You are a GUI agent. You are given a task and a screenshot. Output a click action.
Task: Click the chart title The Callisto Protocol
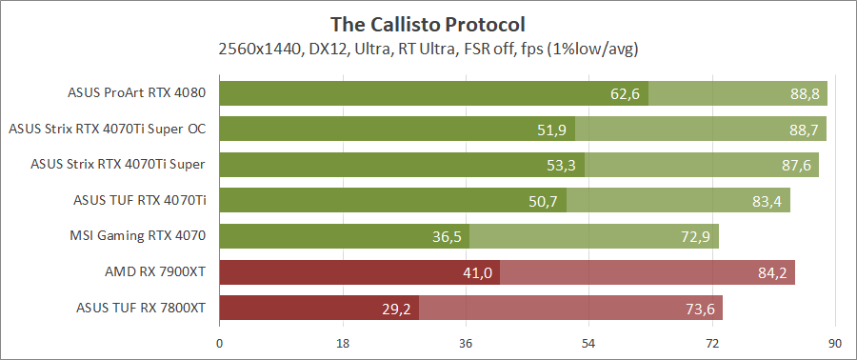click(x=428, y=23)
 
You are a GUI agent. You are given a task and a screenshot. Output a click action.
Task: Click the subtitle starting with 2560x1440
click(x=428, y=48)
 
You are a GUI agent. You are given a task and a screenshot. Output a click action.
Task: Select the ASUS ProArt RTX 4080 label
click(x=137, y=93)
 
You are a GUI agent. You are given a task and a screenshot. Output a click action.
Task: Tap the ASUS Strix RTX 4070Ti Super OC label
click(x=107, y=129)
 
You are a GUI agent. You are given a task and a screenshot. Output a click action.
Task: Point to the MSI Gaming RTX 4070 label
click(x=138, y=236)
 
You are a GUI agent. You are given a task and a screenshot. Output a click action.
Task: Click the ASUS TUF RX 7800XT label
click(x=140, y=308)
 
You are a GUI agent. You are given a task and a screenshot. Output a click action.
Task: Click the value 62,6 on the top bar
click(x=626, y=93)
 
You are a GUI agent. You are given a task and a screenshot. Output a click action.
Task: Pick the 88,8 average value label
click(x=805, y=93)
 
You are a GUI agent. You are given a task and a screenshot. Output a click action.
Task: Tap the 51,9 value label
click(x=552, y=130)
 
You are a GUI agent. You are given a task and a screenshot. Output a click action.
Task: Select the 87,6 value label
click(x=796, y=165)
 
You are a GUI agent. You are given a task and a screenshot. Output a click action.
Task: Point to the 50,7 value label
click(x=544, y=201)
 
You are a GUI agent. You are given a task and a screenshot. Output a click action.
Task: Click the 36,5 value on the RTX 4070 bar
click(x=447, y=236)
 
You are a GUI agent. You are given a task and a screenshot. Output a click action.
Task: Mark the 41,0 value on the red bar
click(x=477, y=272)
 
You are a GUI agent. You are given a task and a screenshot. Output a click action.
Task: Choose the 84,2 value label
click(x=772, y=272)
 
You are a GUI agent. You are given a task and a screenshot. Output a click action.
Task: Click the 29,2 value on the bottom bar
click(x=396, y=309)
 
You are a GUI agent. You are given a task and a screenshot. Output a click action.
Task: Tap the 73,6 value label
click(x=700, y=309)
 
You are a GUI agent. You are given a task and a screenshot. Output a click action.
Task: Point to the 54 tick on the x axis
click(x=589, y=343)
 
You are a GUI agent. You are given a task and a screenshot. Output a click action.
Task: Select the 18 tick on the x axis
click(x=343, y=343)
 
